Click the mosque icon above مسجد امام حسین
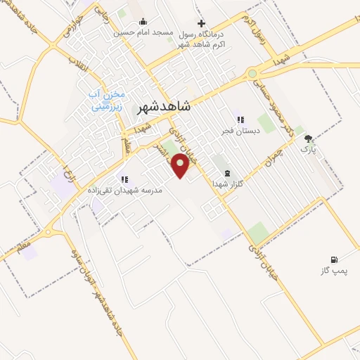coord(143,21)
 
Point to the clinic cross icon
coord(201,23)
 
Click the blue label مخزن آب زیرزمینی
coord(108,103)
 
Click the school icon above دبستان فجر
coord(240,120)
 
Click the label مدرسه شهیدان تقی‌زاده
coord(124,190)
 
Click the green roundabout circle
coord(252,72)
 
